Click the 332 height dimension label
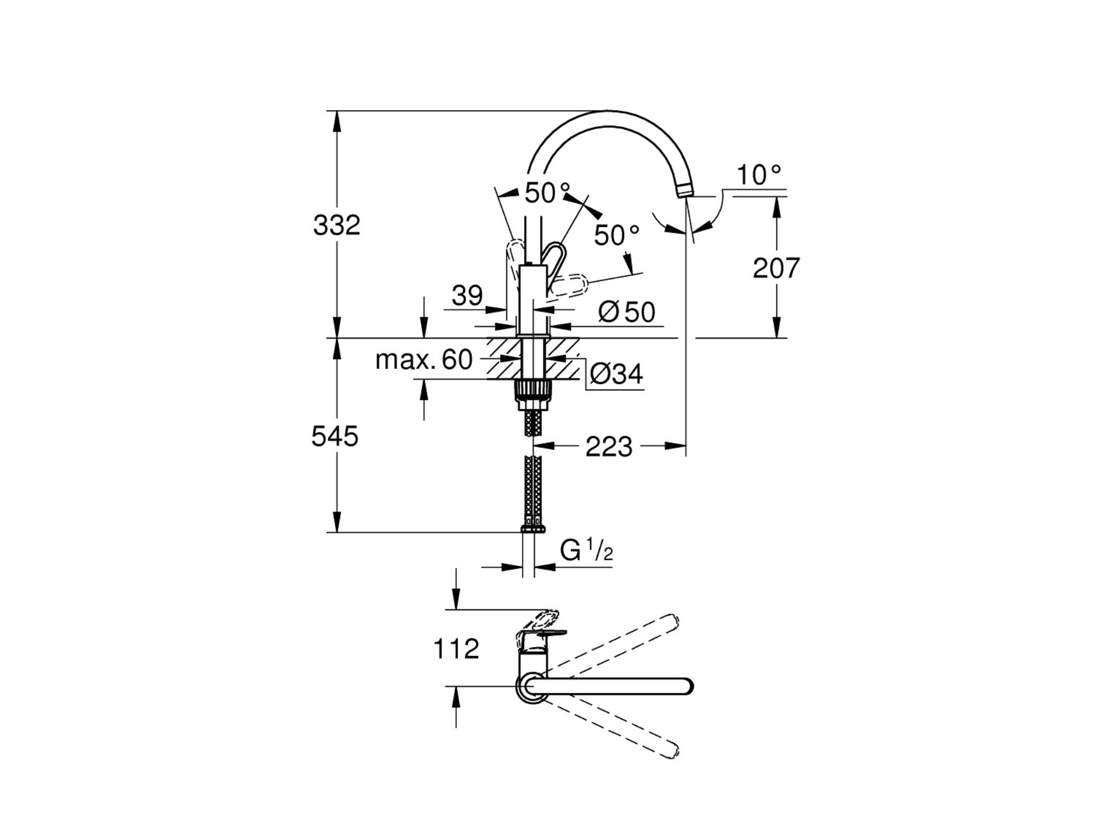337,225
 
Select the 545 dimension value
335,436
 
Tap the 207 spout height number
776,268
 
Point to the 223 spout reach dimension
609,447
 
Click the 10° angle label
759,175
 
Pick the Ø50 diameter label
627,312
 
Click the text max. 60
423,360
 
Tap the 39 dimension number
467,296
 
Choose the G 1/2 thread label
586,550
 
